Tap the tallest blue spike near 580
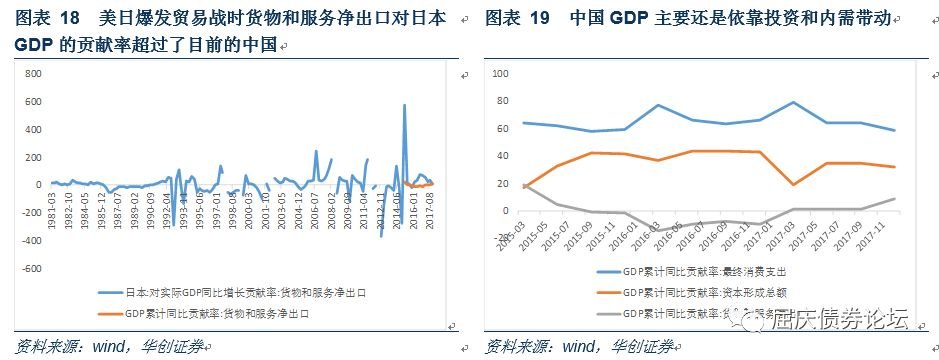[x=404, y=105]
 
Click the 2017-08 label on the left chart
[x=429, y=208]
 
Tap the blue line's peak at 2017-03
[x=793, y=102]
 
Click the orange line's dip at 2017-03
[x=793, y=185]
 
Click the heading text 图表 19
[x=517, y=18]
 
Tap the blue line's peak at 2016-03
[x=657, y=105]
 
